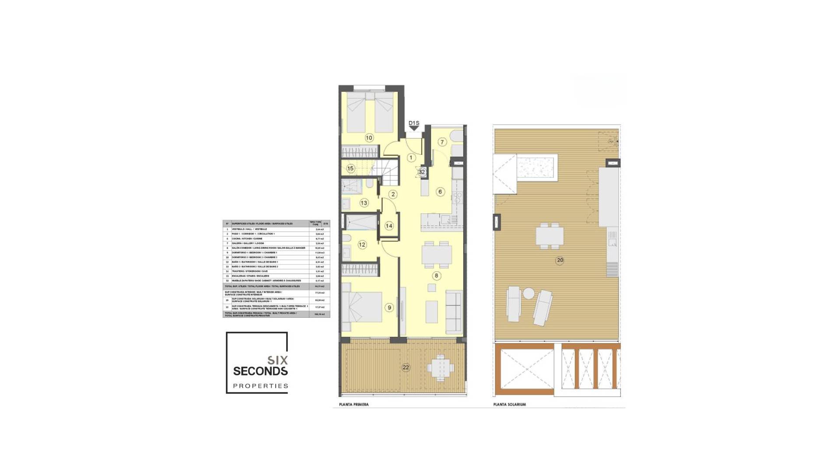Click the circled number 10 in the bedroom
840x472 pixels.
coord(369,138)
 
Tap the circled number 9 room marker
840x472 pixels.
coord(389,308)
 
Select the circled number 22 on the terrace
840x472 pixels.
coord(406,368)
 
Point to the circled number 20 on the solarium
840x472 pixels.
coord(560,260)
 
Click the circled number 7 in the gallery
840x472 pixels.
coord(442,142)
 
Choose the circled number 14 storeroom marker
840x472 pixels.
coord(389,226)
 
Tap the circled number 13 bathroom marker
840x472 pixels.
coord(364,203)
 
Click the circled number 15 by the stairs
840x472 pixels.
coord(350,168)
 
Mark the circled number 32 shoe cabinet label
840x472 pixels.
coord(421,172)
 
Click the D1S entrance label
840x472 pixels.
coord(414,123)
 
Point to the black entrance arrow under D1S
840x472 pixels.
coord(414,128)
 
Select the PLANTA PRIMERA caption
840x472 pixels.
coord(353,405)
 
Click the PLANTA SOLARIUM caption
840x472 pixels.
coord(509,405)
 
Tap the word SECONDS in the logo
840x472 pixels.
coord(260,371)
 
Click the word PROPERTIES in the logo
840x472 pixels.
coord(260,386)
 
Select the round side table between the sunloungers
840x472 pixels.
coord(528,294)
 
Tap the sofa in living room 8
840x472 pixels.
coord(453,310)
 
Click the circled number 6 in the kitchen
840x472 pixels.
coord(440,191)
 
